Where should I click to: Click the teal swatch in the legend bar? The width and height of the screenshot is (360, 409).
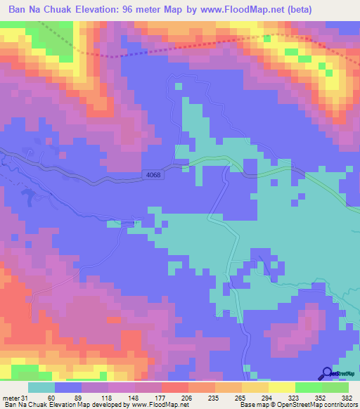pos(41,388)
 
